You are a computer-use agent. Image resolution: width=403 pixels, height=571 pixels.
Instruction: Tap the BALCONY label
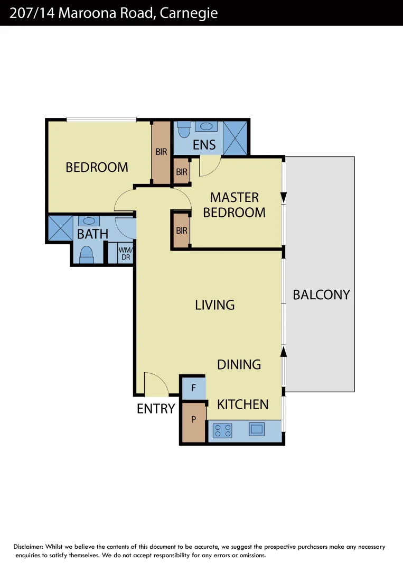click(x=321, y=294)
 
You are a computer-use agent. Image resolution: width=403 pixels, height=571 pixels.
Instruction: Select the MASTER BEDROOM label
click(x=234, y=205)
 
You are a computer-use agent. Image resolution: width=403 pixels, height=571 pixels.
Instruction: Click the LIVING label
click(x=214, y=305)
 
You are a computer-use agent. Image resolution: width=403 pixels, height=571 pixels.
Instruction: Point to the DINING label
click(x=239, y=364)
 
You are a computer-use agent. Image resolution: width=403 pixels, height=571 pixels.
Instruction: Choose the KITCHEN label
click(x=243, y=404)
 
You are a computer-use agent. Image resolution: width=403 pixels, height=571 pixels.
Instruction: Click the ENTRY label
click(x=155, y=409)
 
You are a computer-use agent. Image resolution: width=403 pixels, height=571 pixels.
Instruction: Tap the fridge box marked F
click(x=193, y=388)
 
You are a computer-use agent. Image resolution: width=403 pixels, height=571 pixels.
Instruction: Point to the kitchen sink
click(x=257, y=429)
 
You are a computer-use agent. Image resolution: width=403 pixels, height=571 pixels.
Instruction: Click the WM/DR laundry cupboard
click(x=125, y=253)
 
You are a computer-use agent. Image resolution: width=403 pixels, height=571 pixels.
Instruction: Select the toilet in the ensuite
click(x=184, y=128)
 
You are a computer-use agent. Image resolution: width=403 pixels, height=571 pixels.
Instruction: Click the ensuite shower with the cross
click(x=235, y=137)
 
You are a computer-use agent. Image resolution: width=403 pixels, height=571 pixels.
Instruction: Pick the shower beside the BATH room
click(x=60, y=227)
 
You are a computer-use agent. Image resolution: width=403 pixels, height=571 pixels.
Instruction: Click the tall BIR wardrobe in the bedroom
click(x=161, y=152)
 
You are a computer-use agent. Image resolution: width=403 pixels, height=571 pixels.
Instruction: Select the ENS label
click(x=204, y=145)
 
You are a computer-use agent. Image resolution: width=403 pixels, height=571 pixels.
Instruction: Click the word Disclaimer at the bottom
click(x=29, y=547)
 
